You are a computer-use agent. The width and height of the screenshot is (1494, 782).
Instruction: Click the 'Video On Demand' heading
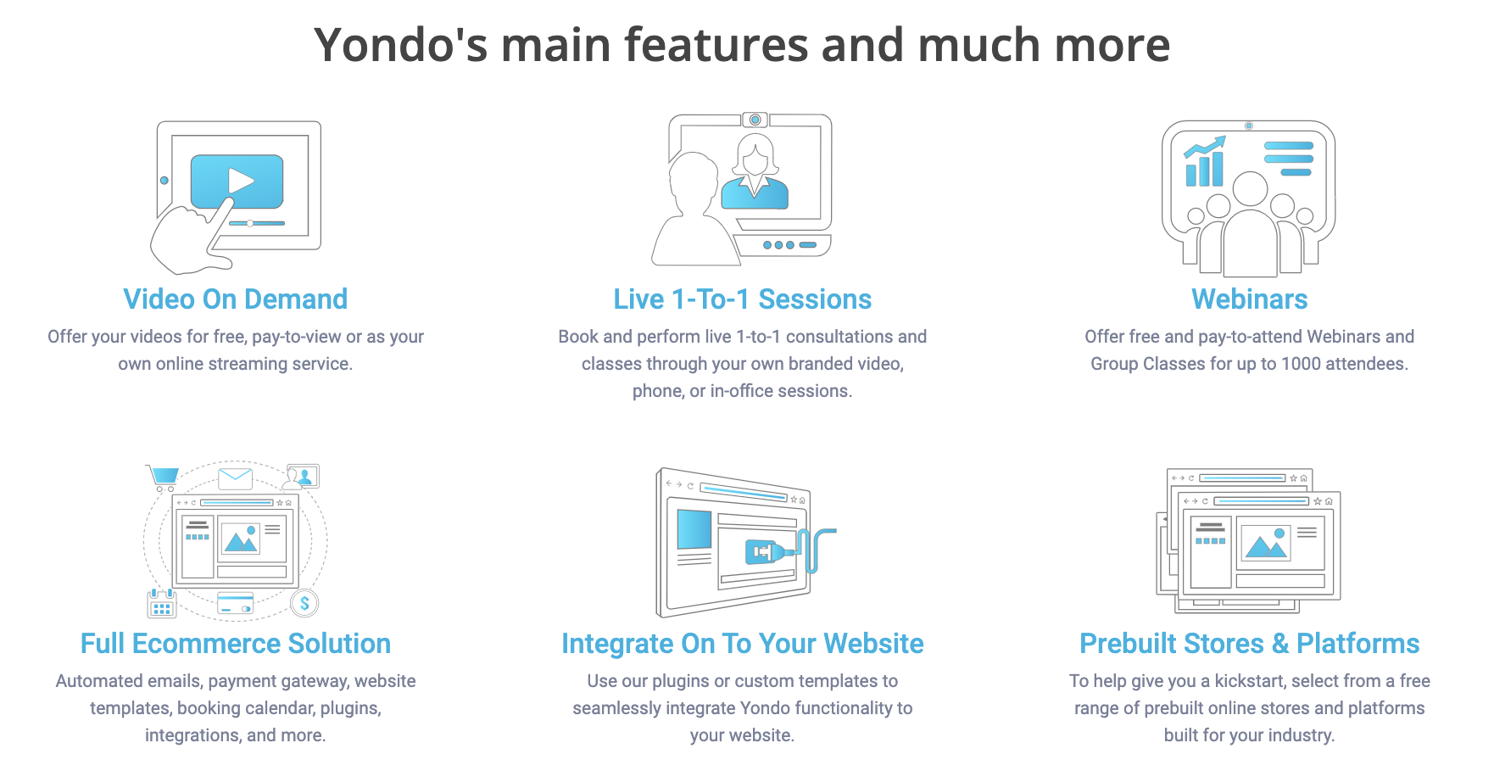point(236,299)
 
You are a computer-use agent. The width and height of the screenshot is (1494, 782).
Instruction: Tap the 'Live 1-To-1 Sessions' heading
point(743,299)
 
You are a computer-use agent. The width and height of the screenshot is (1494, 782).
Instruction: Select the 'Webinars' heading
point(1250,299)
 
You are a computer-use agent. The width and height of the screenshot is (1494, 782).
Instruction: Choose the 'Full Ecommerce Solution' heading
point(236,644)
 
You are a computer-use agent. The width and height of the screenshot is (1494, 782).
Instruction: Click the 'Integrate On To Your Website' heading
point(743,644)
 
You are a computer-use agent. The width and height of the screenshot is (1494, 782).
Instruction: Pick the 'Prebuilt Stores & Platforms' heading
point(1250,644)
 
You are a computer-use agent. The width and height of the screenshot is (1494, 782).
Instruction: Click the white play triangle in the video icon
point(241,181)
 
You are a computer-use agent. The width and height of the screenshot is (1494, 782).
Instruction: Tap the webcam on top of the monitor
point(755,120)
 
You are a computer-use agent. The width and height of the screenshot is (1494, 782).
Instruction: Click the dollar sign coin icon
point(304,604)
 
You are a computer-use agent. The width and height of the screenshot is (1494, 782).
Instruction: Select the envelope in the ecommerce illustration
point(235,478)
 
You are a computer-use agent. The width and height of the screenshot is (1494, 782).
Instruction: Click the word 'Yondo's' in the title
point(401,45)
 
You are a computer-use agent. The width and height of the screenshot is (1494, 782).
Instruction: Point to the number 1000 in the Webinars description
point(1301,364)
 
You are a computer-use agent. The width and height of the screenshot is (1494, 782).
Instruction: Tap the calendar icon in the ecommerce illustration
point(162,604)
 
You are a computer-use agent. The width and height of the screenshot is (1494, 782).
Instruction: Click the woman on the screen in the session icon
point(755,171)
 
